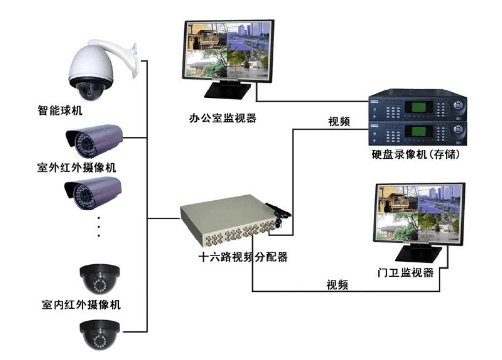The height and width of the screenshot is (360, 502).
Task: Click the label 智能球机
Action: click(x=61, y=110)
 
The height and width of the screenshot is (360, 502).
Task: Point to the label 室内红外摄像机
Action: click(x=81, y=304)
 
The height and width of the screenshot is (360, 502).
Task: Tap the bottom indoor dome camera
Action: click(x=100, y=334)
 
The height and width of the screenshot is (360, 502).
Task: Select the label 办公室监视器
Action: click(x=223, y=118)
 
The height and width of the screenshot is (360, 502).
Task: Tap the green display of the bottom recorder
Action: click(x=414, y=131)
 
